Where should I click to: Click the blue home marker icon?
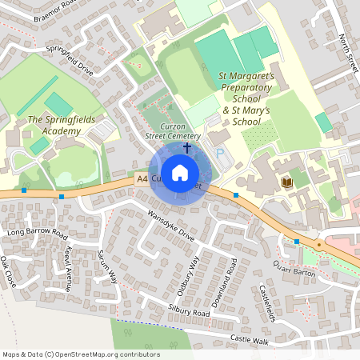coord(180,172)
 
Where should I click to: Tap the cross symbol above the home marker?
coord(187,148)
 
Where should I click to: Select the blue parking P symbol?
coord(221,153)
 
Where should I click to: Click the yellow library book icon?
coord(286,183)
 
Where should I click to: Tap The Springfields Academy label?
coord(54,125)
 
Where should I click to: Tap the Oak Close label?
coord(8,272)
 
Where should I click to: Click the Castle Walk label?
coord(250,340)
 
